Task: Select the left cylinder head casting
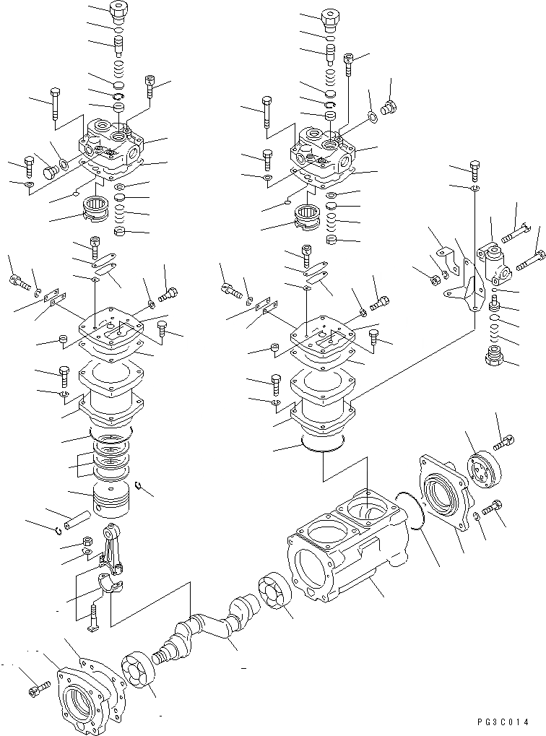coord(116,148)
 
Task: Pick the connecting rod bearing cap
coord(110,581)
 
